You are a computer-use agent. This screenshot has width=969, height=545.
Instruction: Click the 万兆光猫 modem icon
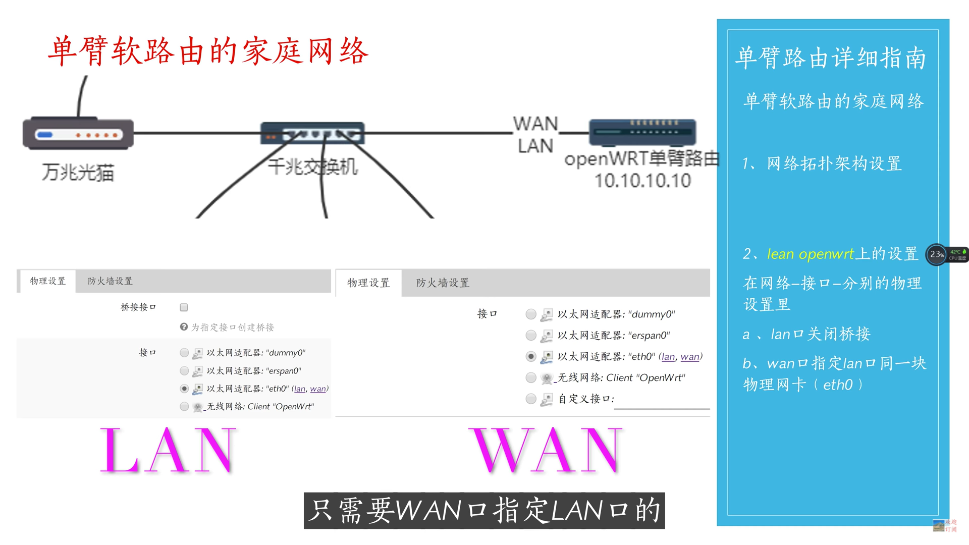78,134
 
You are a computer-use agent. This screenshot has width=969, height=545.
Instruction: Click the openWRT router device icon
642,132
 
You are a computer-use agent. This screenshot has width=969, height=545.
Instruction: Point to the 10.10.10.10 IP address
642,181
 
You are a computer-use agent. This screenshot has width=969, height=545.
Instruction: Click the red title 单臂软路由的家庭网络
208,51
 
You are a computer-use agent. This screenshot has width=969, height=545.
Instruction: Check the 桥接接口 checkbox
184,307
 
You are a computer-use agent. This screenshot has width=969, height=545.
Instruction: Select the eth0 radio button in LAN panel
184,389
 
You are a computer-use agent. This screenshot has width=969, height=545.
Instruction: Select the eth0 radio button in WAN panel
530,356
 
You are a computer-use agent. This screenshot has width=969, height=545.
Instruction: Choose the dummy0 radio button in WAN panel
530,314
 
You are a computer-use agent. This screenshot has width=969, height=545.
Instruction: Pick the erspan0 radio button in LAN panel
184,371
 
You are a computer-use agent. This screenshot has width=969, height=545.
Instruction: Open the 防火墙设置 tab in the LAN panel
110,281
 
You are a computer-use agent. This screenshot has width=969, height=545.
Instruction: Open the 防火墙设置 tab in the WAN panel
443,283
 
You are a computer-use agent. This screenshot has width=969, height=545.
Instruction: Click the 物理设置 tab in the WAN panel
368,283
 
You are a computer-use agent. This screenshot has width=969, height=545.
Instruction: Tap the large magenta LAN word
168,450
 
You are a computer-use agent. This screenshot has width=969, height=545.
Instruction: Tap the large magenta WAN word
547,450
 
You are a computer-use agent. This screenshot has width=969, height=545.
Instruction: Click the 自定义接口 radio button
530,399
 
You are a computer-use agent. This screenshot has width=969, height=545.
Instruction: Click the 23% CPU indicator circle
937,254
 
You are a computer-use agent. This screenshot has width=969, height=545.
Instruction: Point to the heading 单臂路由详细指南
831,58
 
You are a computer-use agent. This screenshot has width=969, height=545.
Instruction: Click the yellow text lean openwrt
810,254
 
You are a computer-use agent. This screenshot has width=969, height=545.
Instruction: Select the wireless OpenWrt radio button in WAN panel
530,377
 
